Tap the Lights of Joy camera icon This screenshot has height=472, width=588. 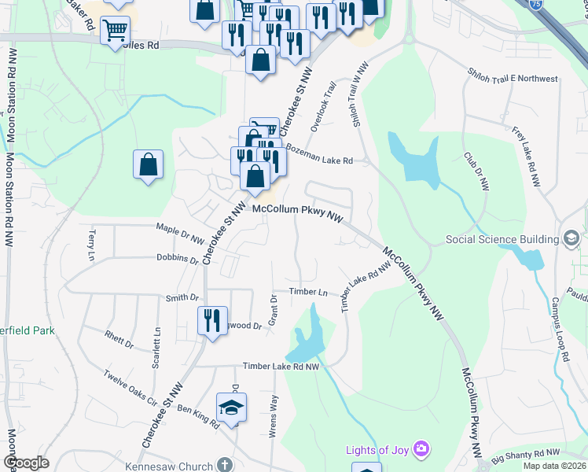point(422,450)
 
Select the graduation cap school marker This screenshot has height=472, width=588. point(231,407)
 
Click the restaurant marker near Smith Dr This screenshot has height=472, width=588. point(212,320)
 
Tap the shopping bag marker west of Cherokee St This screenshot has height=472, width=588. point(148,164)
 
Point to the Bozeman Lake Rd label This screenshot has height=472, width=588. point(319,154)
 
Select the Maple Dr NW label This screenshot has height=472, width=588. point(180,234)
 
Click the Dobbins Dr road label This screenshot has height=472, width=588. point(178,258)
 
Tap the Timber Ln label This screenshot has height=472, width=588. point(308,292)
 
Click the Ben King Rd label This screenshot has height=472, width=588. point(198,417)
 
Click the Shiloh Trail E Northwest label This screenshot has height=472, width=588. point(512,79)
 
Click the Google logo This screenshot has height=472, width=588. point(26,463)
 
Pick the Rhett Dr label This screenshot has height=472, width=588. point(119,338)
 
